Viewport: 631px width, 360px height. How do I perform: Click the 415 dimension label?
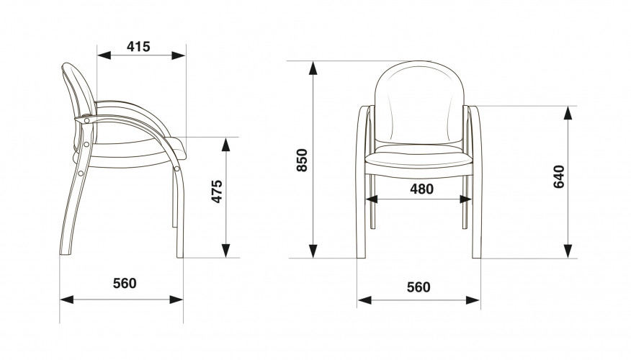tap(138, 47)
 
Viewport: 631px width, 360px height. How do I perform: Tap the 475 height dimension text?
tap(217, 192)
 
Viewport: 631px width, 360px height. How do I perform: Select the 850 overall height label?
tap(302, 160)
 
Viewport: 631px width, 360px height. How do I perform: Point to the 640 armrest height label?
tap(559, 177)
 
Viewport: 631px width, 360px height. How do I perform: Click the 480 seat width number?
tap(421, 189)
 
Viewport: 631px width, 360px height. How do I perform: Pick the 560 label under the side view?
tap(125, 283)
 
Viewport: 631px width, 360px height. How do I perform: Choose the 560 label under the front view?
tap(419, 287)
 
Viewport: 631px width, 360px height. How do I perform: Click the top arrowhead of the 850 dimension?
tap(313, 68)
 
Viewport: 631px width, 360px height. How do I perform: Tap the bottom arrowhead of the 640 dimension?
tap(568, 251)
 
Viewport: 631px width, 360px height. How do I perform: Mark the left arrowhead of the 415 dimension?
tap(104, 55)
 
